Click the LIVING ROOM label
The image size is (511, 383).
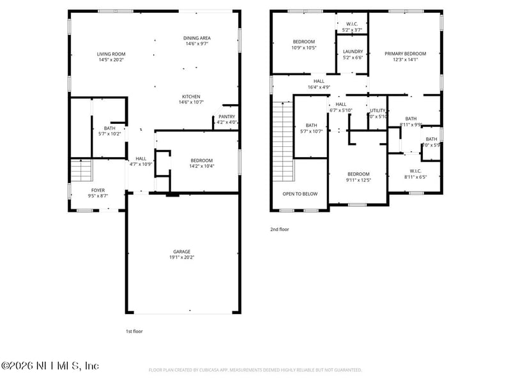point(111,54)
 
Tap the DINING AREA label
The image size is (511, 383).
point(197,38)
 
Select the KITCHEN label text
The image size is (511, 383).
point(191,96)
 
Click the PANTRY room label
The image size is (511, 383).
point(227,117)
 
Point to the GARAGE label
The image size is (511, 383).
point(182,252)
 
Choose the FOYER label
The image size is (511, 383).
point(98,190)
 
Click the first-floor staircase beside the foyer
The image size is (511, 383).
point(81,170)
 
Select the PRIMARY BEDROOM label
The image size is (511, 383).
point(405,54)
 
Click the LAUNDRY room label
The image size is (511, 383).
point(353,51)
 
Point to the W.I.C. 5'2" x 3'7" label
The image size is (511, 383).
point(352,25)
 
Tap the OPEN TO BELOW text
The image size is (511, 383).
point(300,193)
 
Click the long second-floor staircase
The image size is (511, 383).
point(283,140)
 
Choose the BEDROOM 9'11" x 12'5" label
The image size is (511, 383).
point(358,174)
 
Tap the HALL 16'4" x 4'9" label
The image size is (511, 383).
point(319,81)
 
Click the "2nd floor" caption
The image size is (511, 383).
point(279,229)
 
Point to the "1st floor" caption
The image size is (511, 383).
point(134,331)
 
